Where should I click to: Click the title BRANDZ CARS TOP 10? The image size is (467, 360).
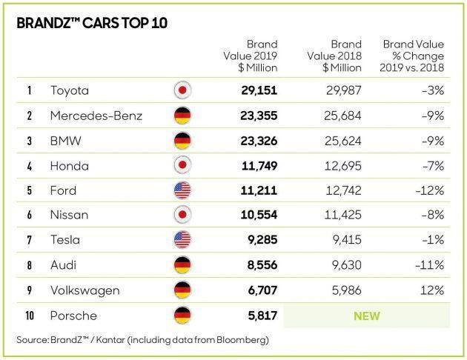[92, 22]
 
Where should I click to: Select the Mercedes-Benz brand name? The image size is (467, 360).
[96, 116]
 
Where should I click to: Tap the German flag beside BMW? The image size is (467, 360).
[182, 140]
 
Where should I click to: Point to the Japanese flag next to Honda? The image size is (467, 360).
[182, 165]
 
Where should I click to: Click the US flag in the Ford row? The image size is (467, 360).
[182, 190]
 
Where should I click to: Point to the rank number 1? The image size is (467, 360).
[29, 91]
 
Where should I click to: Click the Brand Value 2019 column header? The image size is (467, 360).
[251, 56]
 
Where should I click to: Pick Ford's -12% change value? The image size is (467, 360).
[431, 190]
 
